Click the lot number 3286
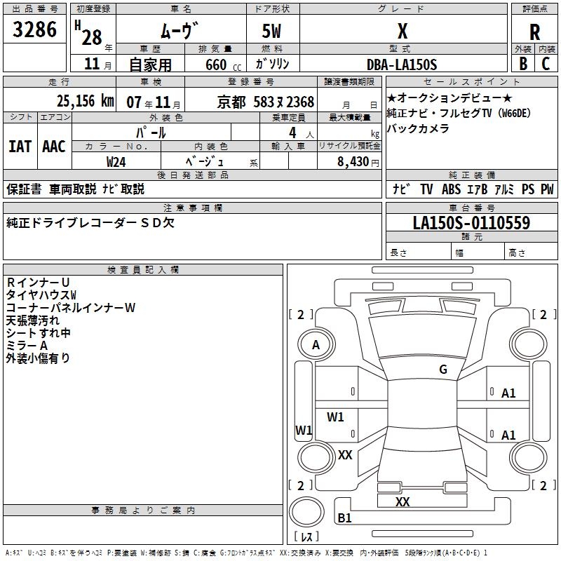click(35, 29)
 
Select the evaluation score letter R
click(534, 32)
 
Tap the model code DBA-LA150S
click(402, 65)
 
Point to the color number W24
click(116, 161)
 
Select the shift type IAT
click(20, 147)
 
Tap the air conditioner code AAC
click(54, 147)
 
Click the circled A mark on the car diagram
click(316, 345)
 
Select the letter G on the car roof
click(443, 370)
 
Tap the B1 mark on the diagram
click(344, 518)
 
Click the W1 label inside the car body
click(335, 417)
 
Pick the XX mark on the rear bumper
click(403, 502)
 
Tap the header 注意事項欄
click(193, 208)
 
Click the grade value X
click(402, 32)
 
